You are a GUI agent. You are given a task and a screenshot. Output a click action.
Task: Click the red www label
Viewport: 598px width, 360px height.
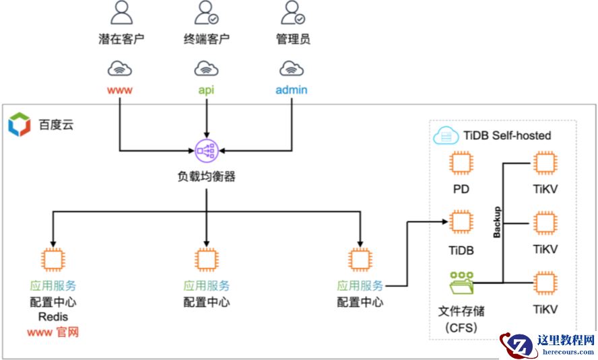[120, 89]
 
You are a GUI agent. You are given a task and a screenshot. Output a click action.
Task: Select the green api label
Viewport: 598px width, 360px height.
[206, 89]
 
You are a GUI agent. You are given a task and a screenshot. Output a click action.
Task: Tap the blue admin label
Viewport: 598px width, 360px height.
[292, 89]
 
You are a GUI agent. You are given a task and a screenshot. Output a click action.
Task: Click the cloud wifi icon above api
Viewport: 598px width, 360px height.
[206, 68]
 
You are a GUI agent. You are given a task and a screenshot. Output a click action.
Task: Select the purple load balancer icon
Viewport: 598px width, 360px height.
[206, 149]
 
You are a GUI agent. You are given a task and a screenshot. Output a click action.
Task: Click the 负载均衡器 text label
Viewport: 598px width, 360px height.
[206, 177]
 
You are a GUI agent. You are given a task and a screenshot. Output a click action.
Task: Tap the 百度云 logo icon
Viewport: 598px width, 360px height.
[20, 124]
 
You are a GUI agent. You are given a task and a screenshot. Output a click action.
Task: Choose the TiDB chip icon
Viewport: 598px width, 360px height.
[461, 223]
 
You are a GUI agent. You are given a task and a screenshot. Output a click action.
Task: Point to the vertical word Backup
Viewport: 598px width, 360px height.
[497, 222]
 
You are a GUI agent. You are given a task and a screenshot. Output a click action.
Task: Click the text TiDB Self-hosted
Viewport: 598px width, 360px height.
[507, 136]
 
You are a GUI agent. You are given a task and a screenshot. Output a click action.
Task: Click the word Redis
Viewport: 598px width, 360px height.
[53, 316]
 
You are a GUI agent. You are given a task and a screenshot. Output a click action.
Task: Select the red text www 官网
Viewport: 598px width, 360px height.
[53, 332]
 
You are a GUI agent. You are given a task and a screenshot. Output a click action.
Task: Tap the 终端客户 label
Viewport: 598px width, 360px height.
[206, 38]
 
